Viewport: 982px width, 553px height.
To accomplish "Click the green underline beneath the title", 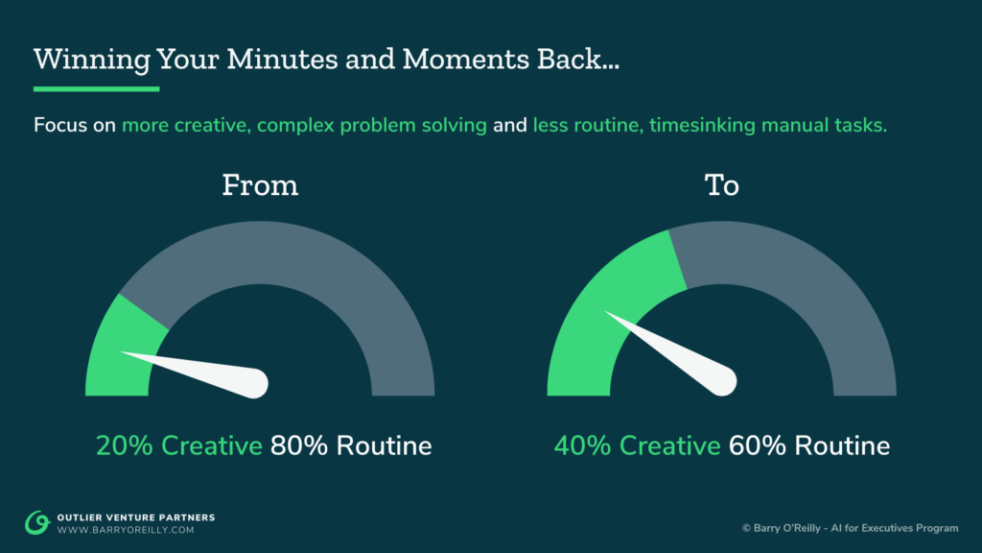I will tap(96, 89).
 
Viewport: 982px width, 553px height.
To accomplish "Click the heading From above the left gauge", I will tap(260, 184).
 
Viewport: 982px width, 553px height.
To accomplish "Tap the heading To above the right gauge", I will tap(722, 184).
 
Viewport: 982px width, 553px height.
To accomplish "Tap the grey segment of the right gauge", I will tap(815, 307).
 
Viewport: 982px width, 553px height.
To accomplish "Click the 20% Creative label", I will tap(178, 445).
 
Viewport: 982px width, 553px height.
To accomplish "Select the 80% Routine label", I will tap(351, 445).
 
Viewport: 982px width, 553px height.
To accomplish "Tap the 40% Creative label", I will tap(637, 445).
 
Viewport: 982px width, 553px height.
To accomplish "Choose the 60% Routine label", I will tap(809, 445).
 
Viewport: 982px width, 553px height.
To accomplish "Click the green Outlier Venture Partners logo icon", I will tap(37, 522).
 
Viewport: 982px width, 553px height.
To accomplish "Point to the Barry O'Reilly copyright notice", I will tap(850, 529).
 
